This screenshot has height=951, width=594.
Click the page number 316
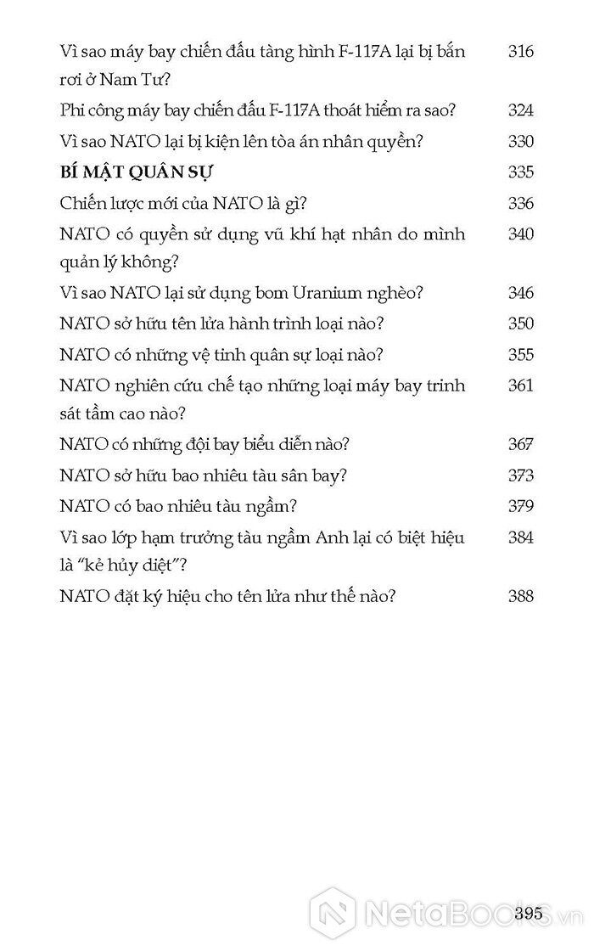(x=520, y=51)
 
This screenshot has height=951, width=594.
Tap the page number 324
(x=520, y=110)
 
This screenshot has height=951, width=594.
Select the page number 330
(x=520, y=141)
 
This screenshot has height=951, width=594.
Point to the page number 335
(x=520, y=172)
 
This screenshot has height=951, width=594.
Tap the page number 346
(x=520, y=293)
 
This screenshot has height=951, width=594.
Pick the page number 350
(x=520, y=324)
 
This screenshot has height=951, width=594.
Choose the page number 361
(x=520, y=385)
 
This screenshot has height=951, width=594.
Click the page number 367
(x=520, y=444)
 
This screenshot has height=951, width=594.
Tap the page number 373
(x=520, y=475)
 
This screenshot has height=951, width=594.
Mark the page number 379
(x=520, y=506)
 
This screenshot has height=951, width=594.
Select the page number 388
(x=520, y=596)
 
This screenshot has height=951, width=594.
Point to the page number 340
(x=520, y=234)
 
